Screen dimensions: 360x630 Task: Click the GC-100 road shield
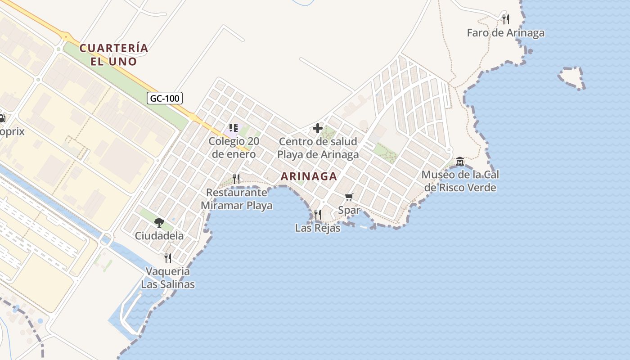[x=165, y=98]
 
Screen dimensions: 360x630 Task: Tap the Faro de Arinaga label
[x=505, y=33]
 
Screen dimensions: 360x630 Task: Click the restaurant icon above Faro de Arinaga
[x=506, y=19]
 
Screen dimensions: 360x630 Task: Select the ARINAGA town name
[x=309, y=176]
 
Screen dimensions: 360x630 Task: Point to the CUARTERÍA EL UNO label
[x=114, y=54]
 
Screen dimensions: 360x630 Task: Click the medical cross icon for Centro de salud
[x=318, y=128]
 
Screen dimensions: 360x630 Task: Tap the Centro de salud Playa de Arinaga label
[x=318, y=148]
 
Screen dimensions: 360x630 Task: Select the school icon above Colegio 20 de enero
[x=233, y=128]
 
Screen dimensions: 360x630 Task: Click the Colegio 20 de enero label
[x=234, y=148]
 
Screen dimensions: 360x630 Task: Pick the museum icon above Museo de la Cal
[x=460, y=161]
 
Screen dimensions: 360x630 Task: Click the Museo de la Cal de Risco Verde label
[x=460, y=181]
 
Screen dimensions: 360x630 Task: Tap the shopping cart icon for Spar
[x=349, y=197]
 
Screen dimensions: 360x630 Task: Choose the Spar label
[x=349, y=210]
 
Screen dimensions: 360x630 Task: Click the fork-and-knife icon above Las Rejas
[x=318, y=214]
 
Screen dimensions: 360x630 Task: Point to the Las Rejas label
[x=318, y=228]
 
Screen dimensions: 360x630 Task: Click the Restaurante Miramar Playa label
[x=236, y=199]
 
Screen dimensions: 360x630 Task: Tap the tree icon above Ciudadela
[x=159, y=222]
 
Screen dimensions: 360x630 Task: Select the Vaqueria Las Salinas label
[x=168, y=278]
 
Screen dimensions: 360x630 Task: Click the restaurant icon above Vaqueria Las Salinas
[x=168, y=258]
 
